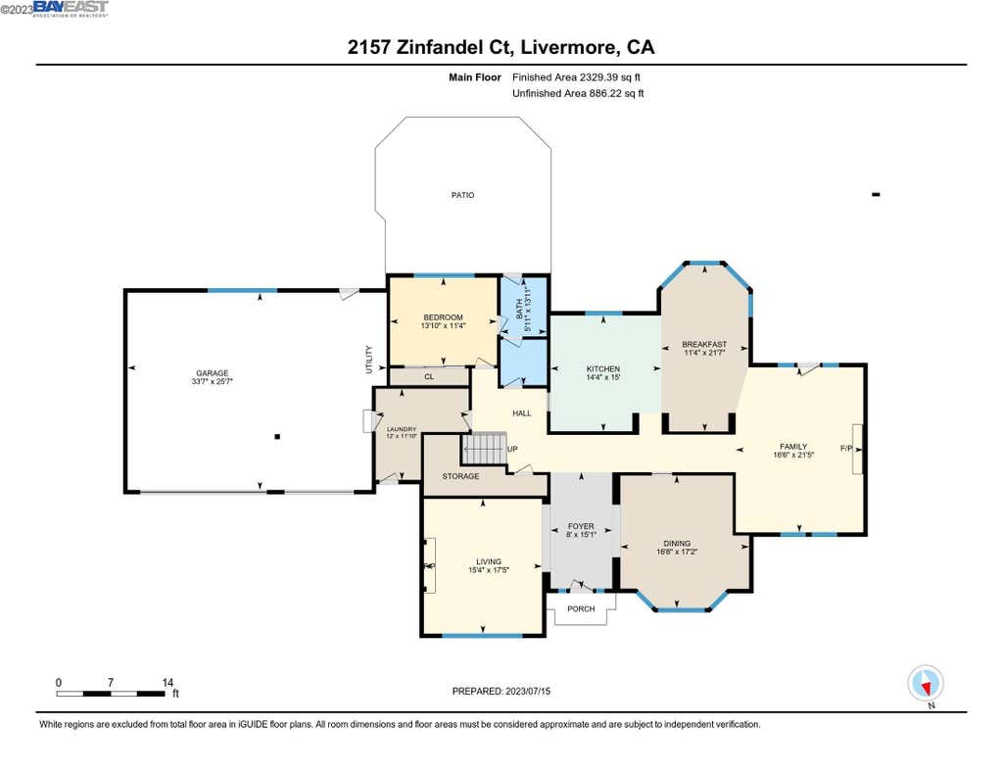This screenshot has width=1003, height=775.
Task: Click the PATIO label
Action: (x=462, y=195)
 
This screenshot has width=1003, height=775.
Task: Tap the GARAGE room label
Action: (x=212, y=373)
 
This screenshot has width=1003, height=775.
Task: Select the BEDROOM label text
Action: (x=443, y=317)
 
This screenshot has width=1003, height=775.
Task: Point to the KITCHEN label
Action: (x=603, y=368)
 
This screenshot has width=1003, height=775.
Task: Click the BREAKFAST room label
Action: (x=704, y=344)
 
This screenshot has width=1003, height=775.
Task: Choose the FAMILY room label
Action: (x=793, y=447)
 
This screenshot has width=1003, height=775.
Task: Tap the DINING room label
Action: (x=677, y=544)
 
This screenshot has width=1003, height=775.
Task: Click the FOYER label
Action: (x=581, y=526)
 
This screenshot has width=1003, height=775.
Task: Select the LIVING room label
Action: (x=489, y=561)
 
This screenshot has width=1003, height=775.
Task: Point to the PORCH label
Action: (x=581, y=608)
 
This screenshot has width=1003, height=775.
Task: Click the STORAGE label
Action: (x=460, y=476)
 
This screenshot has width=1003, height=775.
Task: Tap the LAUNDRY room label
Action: (x=402, y=429)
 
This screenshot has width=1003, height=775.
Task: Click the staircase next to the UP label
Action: (x=484, y=448)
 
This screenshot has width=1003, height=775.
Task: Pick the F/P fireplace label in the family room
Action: (x=846, y=448)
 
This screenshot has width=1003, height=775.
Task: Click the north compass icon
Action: (x=926, y=684)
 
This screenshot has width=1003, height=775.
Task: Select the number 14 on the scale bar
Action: (x=167, y=682)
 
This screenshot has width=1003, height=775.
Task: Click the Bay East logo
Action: (x=71, y=8)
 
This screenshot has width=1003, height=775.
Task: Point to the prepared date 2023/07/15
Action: (x=528, y=691)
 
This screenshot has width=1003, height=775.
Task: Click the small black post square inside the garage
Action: (x=277, y=436)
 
